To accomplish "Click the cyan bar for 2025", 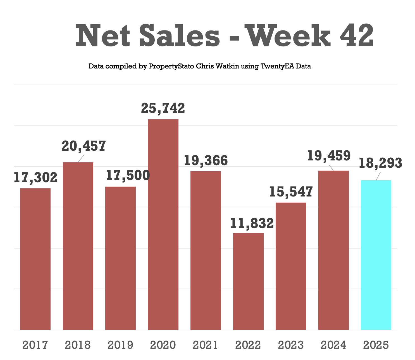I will (376, 255).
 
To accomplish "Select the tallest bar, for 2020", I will (163, 224).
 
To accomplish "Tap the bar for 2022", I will (248, 281).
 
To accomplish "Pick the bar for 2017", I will (35, 259).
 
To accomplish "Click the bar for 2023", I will (291, 266).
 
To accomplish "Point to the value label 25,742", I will (163, 108).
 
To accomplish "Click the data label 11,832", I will (252, 224).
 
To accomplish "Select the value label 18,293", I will (380, 163).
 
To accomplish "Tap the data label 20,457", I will (84, 146).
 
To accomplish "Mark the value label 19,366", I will (206, 161).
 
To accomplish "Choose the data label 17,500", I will (128, 176).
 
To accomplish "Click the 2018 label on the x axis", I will (78, 345).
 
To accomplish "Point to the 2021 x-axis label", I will (206, 345).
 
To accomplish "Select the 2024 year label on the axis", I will (333, 345).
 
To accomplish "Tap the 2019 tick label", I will (120, 345).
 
